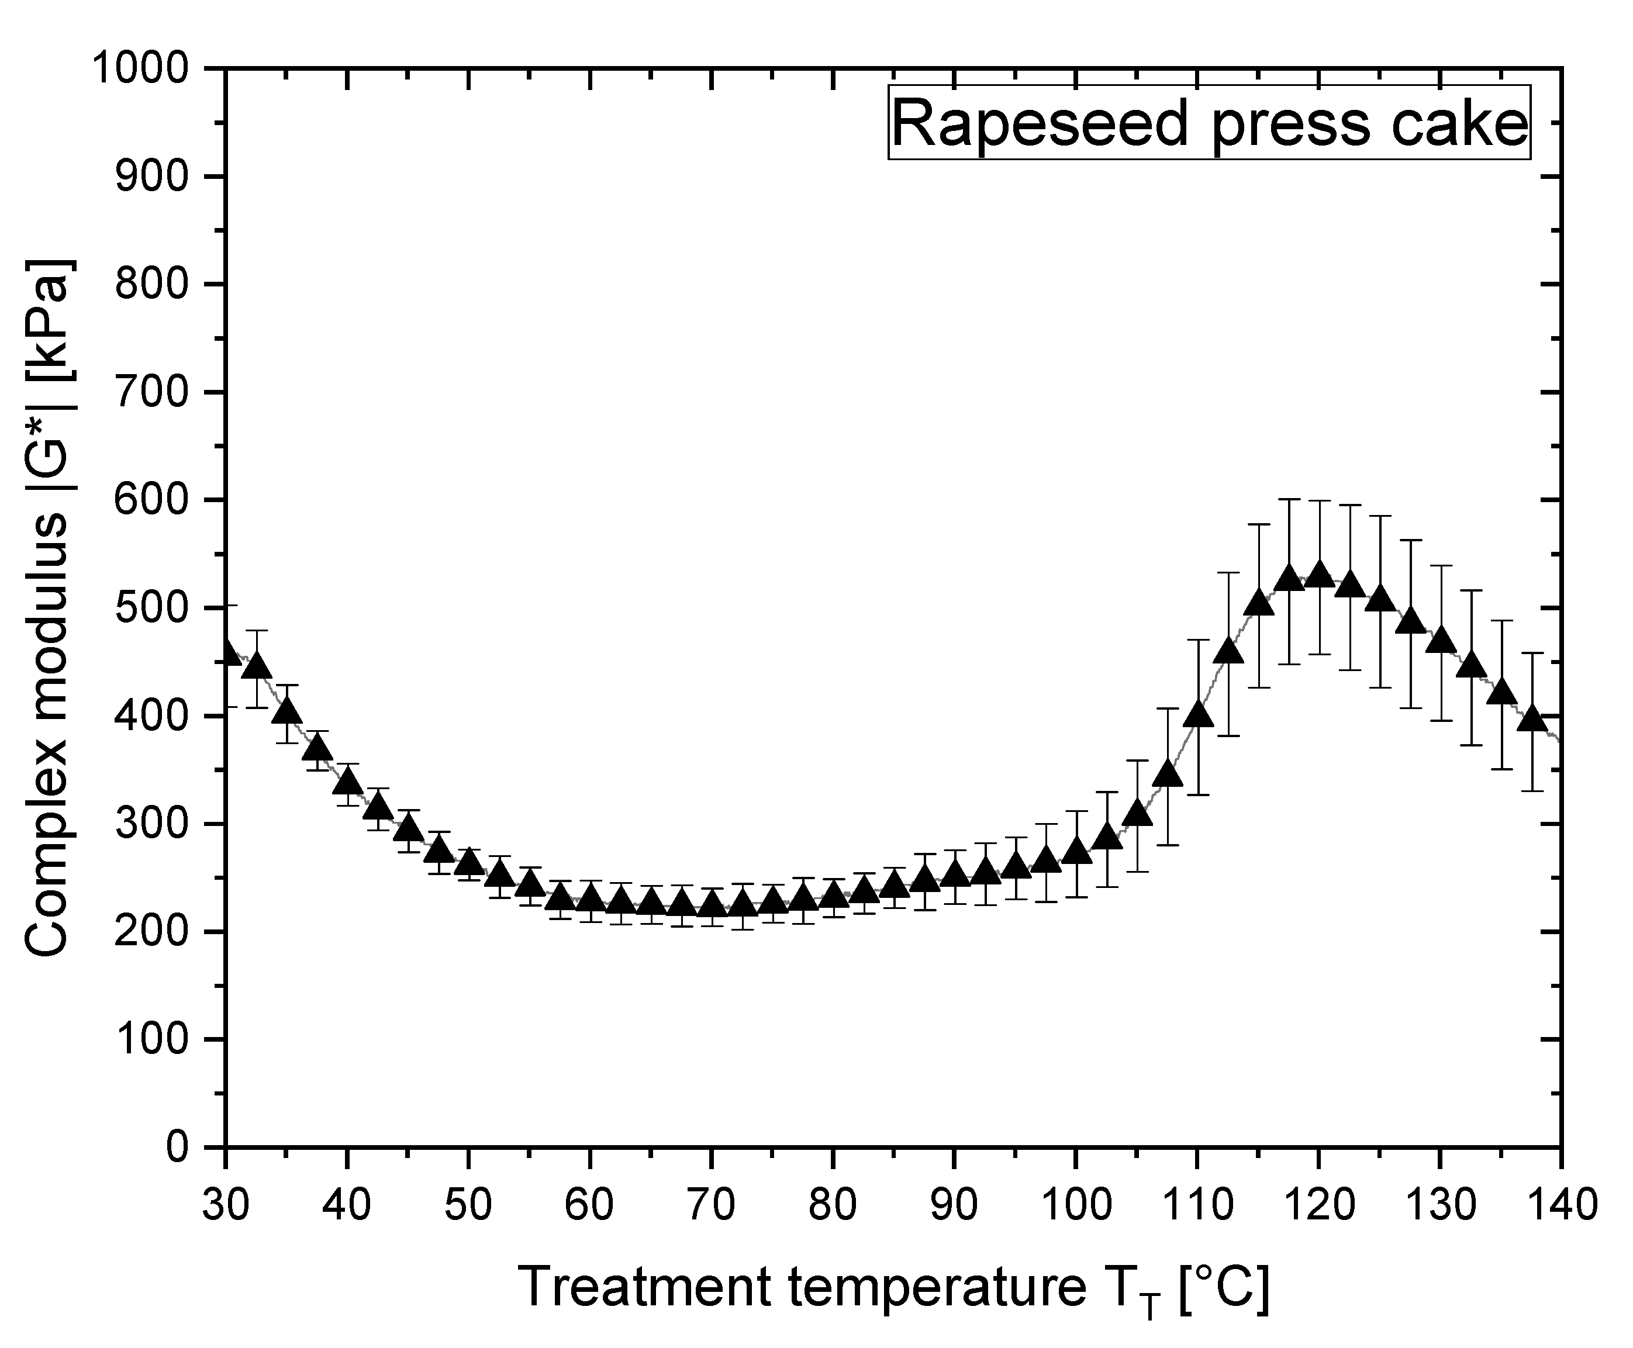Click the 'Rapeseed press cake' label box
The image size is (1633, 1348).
click(1209, 123)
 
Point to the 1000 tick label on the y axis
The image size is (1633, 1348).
click(140, 68)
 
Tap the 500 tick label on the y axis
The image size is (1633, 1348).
click(151, 607)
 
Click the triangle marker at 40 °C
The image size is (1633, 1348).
click(347, 781)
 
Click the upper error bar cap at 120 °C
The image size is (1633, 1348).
click(1318, 502)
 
